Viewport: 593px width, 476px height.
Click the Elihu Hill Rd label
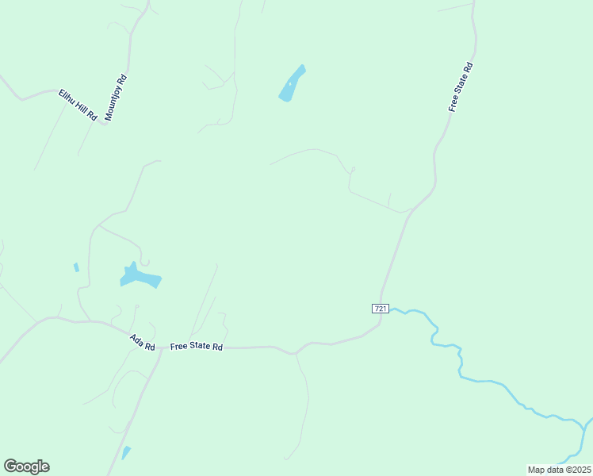[x=78, y=105]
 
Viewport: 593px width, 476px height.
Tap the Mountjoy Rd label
[x=116, y=98]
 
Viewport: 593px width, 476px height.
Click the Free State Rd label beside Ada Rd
[x=197, y=347]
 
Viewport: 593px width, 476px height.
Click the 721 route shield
[x=381, y=308]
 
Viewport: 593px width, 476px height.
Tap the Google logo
[x=26, y=466]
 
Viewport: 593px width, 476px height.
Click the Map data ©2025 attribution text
[x=560, y=470]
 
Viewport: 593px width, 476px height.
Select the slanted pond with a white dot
[x=292, y=83]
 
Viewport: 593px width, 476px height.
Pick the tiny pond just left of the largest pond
[x=76, y=267]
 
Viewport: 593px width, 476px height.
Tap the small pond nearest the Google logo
[x=126, y=453]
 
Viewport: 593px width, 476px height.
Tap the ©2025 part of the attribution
[x=577, y=470]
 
